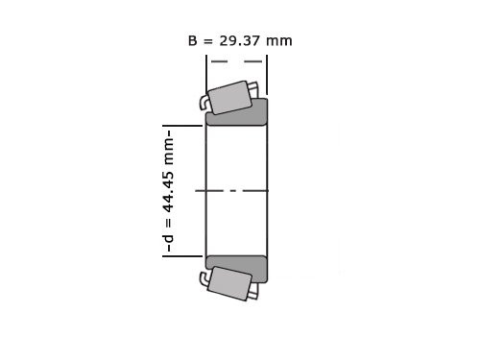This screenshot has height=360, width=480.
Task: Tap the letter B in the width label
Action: point(193,41)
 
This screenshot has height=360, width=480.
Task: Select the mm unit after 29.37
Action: point(279,41)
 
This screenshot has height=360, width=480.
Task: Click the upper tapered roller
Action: point(230,98)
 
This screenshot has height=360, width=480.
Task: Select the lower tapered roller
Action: point(229,283)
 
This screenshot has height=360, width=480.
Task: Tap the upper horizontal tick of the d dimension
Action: point(182,126)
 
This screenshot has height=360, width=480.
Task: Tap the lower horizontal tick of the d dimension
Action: point(182,256)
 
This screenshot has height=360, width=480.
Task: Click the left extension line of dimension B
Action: point(206,72)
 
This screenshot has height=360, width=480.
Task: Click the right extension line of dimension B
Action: point(267,72)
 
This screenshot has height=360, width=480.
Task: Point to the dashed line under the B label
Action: point(236,61)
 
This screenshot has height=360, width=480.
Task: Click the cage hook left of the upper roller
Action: point(205,102)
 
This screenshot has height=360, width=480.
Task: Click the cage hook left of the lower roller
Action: point(205,279)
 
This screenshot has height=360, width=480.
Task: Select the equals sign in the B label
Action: point(207,41)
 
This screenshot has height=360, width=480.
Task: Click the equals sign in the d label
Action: point(168,226)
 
